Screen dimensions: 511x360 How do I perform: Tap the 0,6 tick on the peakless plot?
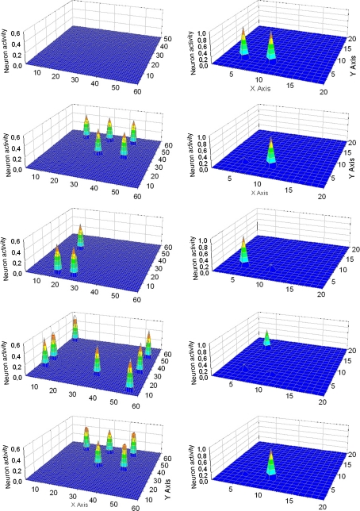17,32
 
